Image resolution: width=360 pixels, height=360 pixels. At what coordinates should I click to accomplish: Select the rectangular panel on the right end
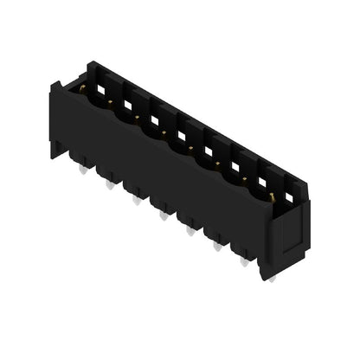click(292, 227)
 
